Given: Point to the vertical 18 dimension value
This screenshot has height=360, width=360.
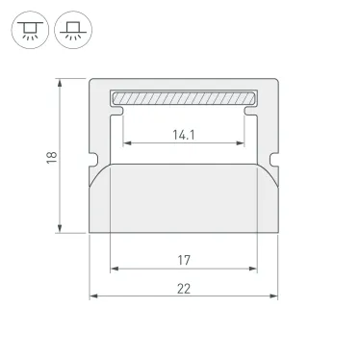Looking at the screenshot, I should click(51, 156).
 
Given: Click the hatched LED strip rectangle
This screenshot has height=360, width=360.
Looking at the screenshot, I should click(184, 98).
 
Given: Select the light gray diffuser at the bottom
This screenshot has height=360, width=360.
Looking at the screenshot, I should click(184, 197).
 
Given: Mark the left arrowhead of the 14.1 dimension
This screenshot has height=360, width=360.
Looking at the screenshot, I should click(124, 144).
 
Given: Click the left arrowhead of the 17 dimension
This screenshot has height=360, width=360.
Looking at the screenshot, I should click(112, 269).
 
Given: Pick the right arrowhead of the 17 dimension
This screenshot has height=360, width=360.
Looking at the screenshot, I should click(256, 269).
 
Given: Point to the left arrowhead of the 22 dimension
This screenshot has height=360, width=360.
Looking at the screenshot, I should click(92, 296).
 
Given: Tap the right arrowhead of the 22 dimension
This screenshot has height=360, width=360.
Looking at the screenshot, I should click(276, 296).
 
